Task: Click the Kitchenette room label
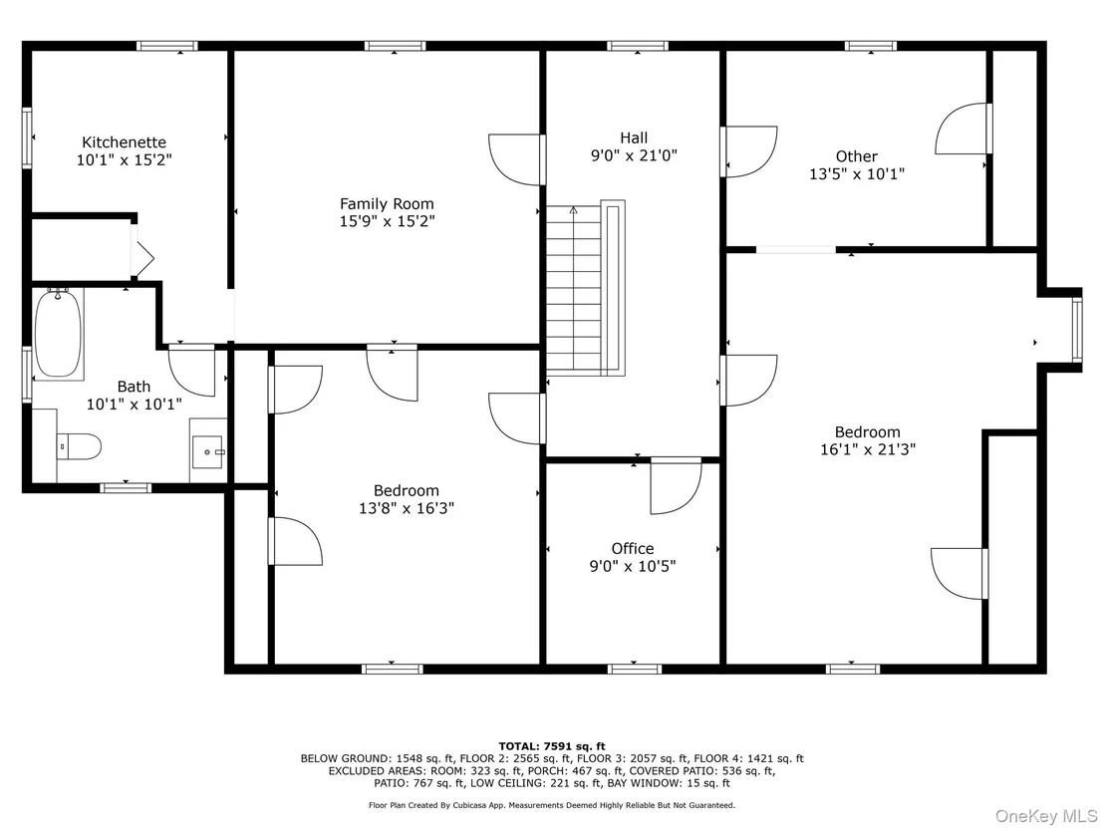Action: (x=124, y=142)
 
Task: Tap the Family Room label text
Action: (x=387, y=204)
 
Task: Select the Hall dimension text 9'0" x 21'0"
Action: (x=634, y=154)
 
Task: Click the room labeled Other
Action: (x=856, y=156)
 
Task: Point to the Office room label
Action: (x=633, y=548)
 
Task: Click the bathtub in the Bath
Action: (x=58, y=334)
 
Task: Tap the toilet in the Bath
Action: (x=79, y=446)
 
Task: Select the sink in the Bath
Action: (x=208, y=450)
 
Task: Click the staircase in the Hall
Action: (x=586, y=288)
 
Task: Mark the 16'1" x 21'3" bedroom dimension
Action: (x=868, y=449)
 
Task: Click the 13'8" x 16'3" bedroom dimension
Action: (x=407, y=507)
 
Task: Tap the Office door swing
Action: (x=676, y=486)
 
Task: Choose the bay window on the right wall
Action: (x=1076, y=330)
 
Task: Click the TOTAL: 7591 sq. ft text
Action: (x=552, y=746)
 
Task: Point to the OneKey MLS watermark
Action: (x=1045, y=816)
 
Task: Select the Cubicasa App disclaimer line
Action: (x=552, y=805)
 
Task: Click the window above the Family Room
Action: (x=395, y=47)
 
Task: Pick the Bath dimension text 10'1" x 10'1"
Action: (x=134, y=405)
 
